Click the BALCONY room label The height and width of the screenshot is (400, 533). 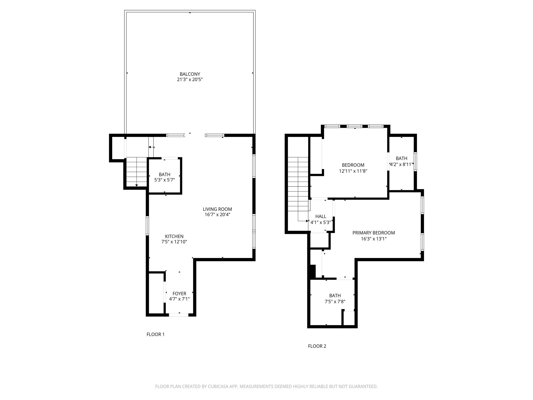pos(190,74)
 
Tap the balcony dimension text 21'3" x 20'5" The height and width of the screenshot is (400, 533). pos(190,80)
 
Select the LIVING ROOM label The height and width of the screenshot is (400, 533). pos(217,209)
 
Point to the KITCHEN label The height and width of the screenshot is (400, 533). pos(174,236)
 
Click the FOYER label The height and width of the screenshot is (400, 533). pos(179,293)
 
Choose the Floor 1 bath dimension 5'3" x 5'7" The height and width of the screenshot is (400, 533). pos(164,180)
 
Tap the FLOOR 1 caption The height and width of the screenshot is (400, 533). pos(155,334)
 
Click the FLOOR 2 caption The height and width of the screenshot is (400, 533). pos(317,346)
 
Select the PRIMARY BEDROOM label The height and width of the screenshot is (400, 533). pos(373,233)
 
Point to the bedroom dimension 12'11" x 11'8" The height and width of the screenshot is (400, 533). pos(353,171)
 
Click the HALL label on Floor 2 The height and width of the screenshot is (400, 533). pos(321,216)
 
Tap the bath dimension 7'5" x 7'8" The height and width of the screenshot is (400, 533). pos(335,302)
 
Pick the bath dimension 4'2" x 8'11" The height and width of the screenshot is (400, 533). pos(401,165)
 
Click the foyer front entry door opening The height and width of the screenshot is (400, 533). pos(179,315)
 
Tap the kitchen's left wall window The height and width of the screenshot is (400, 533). pos(147,226)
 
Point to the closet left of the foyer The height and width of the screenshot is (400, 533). pos(156,293)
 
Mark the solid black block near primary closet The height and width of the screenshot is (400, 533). pos(312,272)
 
